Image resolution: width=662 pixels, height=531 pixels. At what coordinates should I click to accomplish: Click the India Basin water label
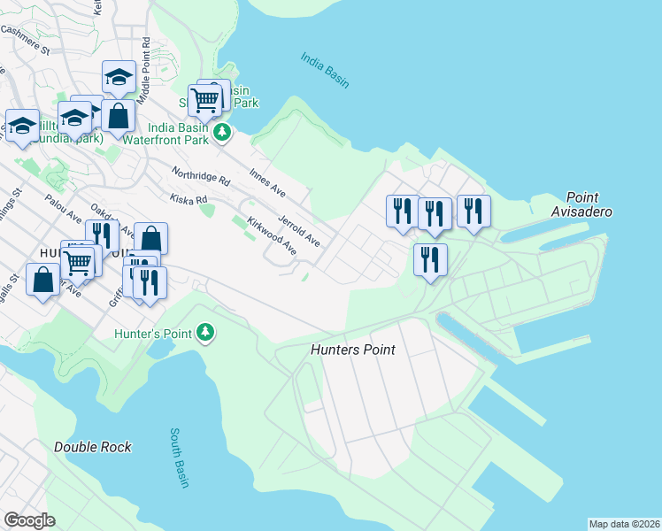tap(324, 71)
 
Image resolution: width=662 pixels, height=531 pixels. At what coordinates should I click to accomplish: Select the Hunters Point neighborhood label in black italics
tap(352, 350)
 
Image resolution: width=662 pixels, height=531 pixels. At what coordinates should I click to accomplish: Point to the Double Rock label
tap(93, 447)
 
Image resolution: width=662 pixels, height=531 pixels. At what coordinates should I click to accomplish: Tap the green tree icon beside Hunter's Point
tap(205, 332)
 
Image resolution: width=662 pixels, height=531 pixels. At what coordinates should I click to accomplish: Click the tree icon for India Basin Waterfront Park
tap(222, 133)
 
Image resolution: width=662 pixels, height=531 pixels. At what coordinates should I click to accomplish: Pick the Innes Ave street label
tap(267, 184)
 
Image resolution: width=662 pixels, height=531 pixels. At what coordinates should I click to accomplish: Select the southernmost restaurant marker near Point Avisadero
tap(429, 260)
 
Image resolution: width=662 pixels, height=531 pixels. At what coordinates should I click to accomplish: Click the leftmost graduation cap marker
tap(22, 125)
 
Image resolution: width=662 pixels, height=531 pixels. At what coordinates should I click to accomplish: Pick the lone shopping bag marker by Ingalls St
tap(43, 280)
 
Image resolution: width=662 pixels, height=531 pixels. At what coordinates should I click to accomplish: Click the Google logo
tap(29, 519)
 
